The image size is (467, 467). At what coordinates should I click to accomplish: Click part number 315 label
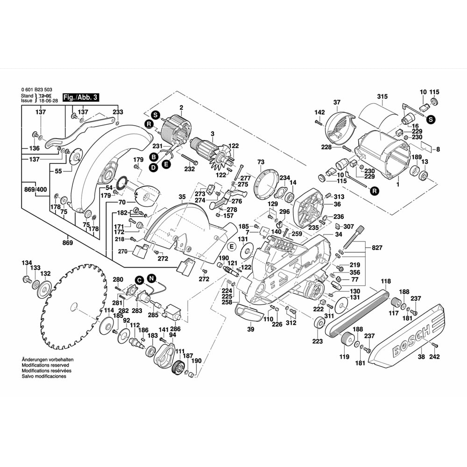382,97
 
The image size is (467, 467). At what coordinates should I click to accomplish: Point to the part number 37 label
337,102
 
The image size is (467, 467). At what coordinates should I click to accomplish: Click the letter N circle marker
151,278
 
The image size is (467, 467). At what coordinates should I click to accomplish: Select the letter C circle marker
139,280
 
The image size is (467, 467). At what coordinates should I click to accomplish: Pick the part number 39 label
250,329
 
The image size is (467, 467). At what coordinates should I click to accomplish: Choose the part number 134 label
27,263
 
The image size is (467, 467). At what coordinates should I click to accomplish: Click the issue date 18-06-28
49,100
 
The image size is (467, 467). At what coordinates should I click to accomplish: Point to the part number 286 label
175,328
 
